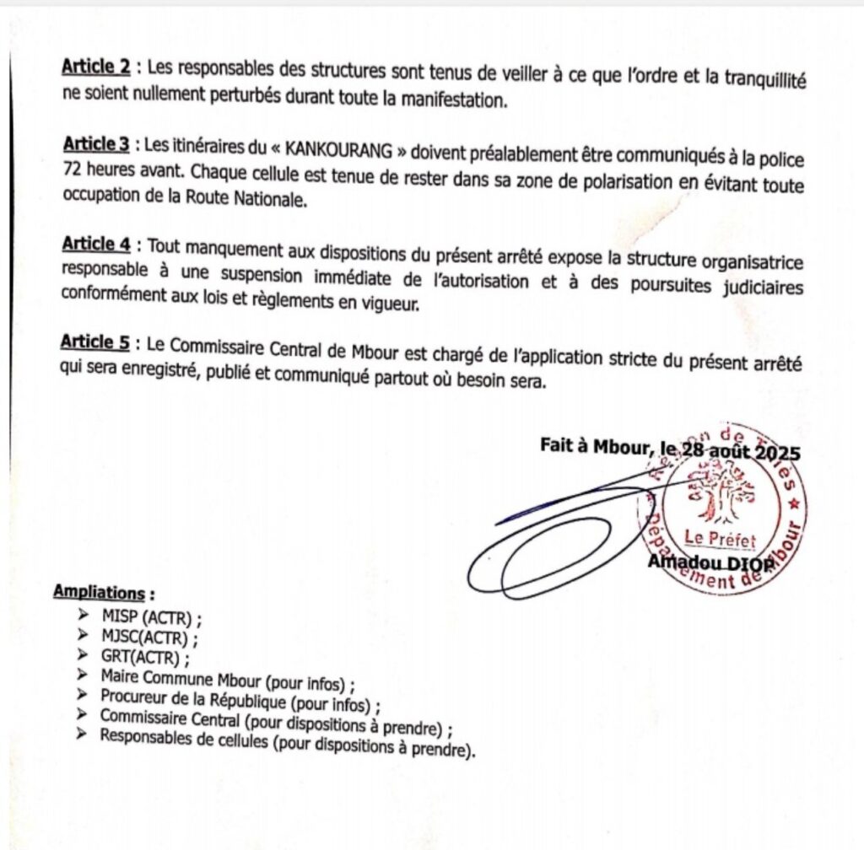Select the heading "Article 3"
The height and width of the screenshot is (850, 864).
96,144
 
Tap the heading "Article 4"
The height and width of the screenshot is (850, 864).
96,244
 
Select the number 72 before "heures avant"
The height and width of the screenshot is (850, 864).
72,169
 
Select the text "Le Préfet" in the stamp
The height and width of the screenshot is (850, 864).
720,538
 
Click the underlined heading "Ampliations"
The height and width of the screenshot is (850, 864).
98,592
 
